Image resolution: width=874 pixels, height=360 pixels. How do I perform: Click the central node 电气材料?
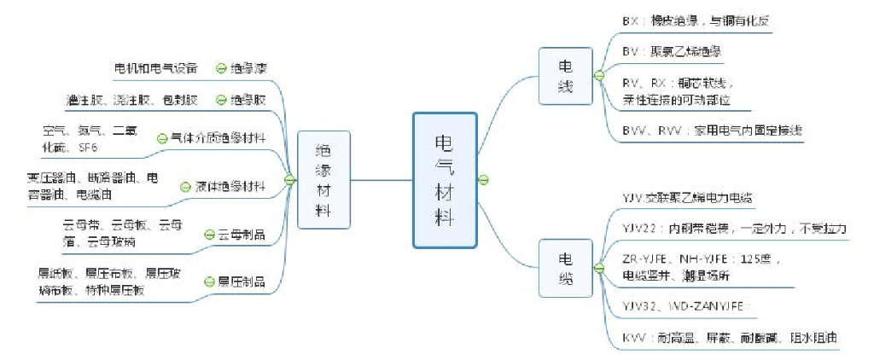point(444,180)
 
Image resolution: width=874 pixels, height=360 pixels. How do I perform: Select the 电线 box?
point(565,76)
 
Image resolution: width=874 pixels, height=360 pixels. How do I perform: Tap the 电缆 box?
point(565,269)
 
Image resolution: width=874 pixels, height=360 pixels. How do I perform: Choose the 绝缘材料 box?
point(323,180)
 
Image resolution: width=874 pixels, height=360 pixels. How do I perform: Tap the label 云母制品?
point(241,234)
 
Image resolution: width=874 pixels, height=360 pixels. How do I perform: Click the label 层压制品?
point(241,282)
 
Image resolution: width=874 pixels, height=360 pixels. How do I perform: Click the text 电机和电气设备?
point(155,68)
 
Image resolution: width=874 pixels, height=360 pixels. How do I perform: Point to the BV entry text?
point(673,52)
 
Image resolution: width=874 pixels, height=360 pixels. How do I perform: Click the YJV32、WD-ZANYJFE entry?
point(687,305)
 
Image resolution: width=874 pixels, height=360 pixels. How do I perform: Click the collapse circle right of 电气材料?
point(483,180)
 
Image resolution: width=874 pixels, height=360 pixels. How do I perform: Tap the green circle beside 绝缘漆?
point(221,68)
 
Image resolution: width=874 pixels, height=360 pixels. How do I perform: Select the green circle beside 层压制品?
point(209,282)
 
